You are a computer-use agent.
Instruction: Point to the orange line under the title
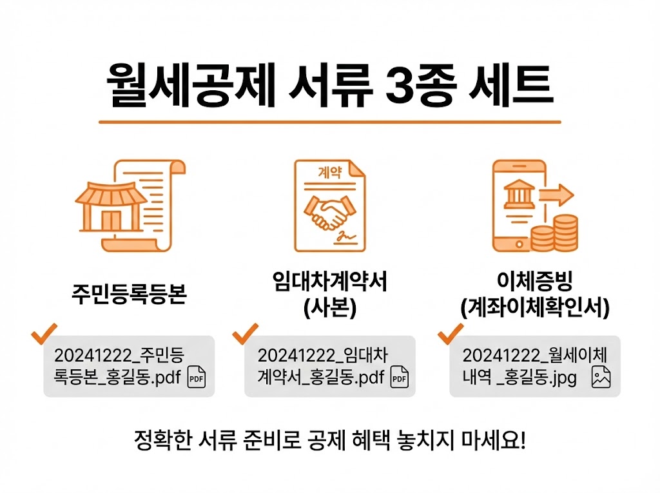point(329,121)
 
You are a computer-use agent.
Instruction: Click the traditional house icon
point(108,206)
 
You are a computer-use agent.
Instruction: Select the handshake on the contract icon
point(328,212)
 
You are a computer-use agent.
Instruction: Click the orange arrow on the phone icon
point(556,193)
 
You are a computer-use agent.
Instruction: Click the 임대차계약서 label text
point(329,283)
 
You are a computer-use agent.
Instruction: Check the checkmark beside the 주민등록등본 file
point(44,333)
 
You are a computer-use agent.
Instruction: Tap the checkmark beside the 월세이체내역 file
point(451,333)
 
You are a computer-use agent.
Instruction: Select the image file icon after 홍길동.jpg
point(601,378)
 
